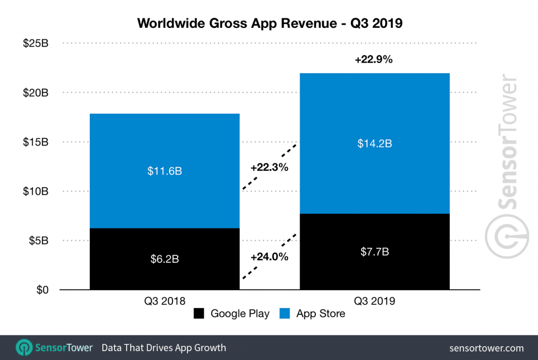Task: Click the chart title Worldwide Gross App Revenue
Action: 269,24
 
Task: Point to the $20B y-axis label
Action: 36,93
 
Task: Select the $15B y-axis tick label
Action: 36,142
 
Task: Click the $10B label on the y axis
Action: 36,191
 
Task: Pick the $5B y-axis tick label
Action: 38,241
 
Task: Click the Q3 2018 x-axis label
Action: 164,301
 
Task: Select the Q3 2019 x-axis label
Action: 374,301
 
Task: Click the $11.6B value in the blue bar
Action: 164,171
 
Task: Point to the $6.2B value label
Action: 164,259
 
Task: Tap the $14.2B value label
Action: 374,143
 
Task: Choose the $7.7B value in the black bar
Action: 374,252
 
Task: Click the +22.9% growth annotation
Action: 374,60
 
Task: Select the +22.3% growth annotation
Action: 270,168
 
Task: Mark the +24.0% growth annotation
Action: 270,258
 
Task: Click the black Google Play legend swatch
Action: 199,314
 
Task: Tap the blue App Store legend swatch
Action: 285,314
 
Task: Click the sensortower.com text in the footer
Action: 487,348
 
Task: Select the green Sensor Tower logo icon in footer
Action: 24,347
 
